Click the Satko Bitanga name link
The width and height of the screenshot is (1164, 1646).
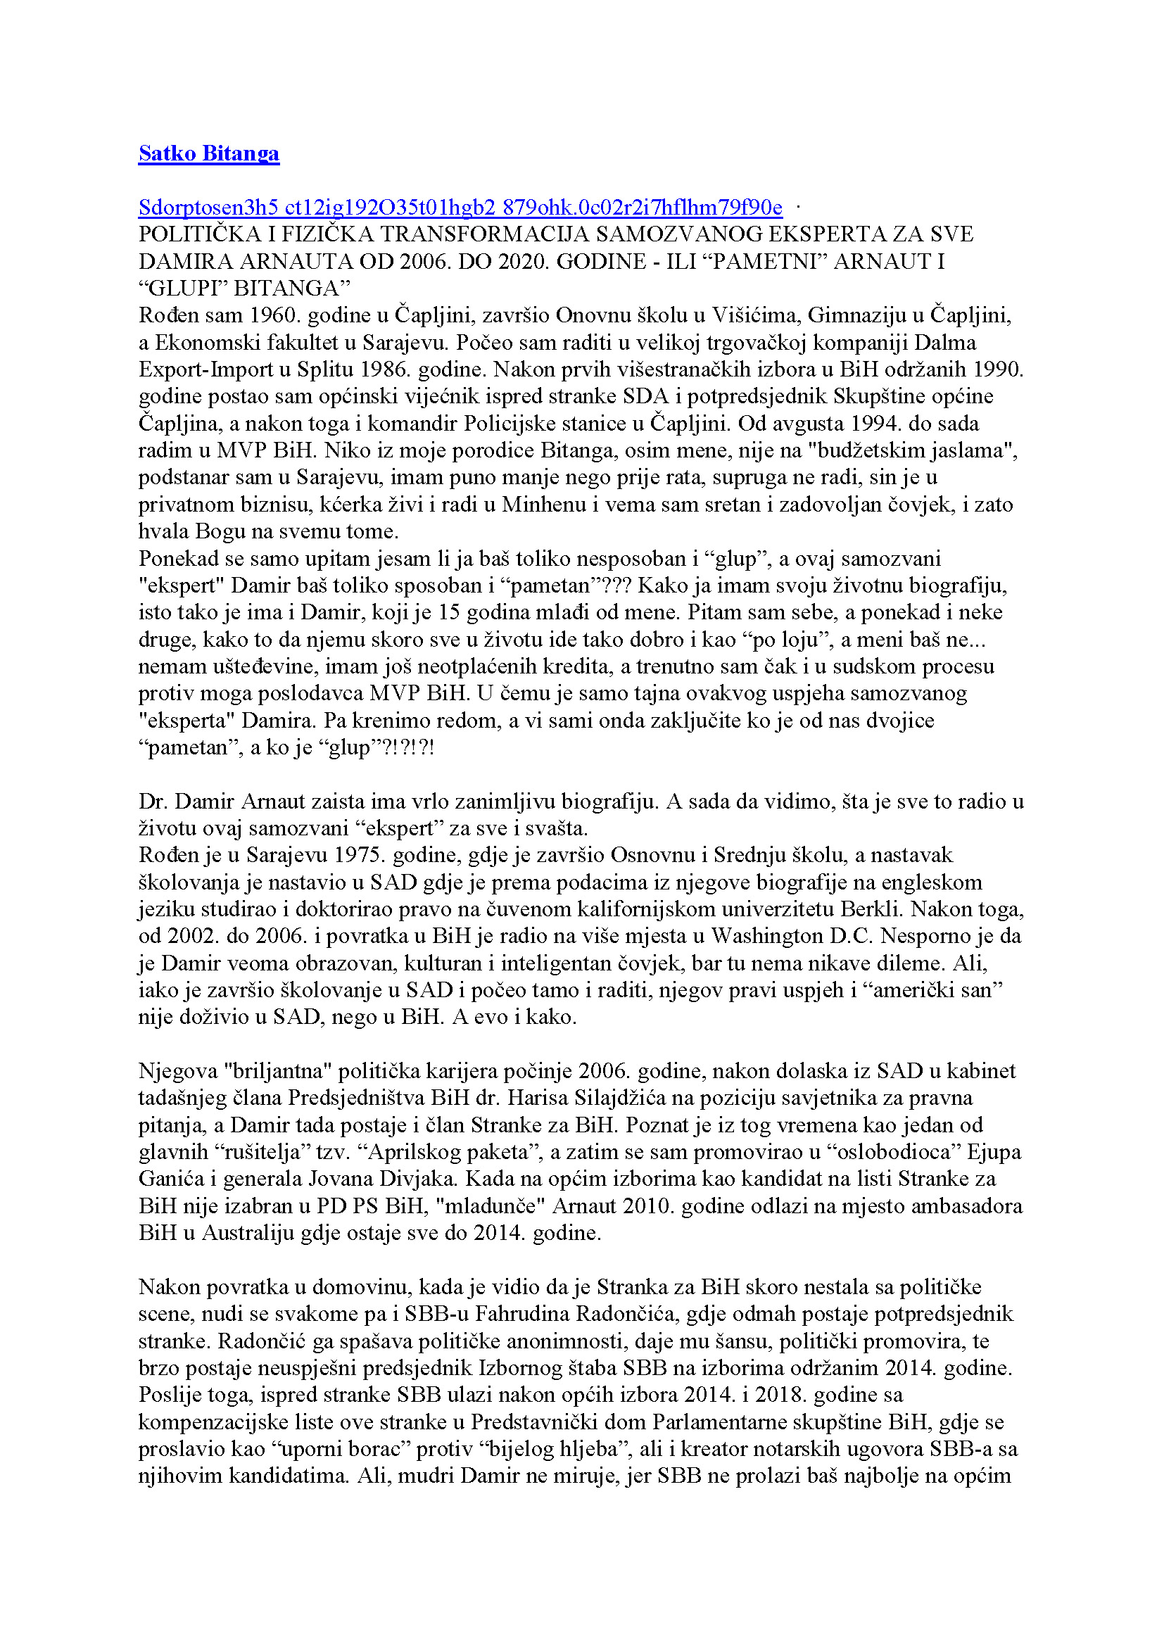[x=208, y=153]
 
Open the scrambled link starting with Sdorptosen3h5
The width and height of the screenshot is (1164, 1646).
[x=460, y=208]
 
